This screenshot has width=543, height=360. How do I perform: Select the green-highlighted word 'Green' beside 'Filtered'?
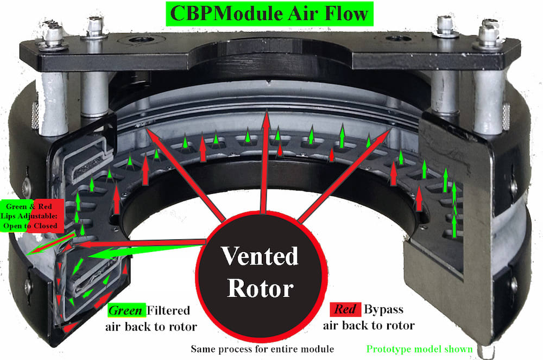coord(127,311)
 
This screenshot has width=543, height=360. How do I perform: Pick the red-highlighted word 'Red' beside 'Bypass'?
coord(344,310)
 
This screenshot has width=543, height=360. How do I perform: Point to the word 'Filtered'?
coord(169,311)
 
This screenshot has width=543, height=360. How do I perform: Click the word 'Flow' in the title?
coord(350,13)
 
